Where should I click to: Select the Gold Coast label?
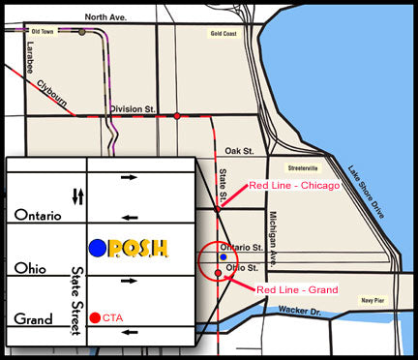(224, 33)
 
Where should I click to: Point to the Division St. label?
(133, 108)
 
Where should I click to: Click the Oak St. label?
(238, 151)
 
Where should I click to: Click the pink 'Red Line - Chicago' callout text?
(294, 185)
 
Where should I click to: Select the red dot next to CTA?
(94, 316)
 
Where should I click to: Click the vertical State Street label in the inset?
(75, 301)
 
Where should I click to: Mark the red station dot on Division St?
(177, 116)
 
